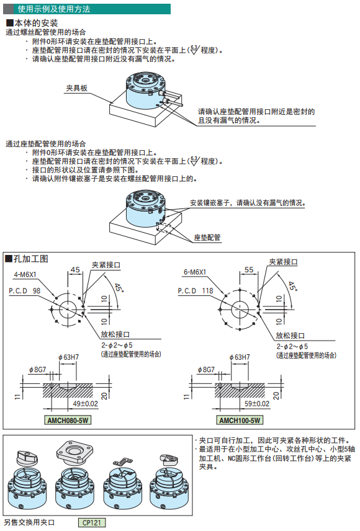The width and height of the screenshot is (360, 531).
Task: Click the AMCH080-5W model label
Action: (x=68, y=420)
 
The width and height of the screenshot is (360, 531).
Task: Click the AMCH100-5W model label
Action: (x=240, y=420)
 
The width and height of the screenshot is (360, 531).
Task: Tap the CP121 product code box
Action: (x=91, y=522)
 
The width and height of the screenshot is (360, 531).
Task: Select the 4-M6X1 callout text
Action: (x=25, y=275)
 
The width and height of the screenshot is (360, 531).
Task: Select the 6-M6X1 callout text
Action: (x=195, y=272)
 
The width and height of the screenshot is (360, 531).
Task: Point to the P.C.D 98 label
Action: (x=24, y=290)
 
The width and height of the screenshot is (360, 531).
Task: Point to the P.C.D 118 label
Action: (x=196, y=290)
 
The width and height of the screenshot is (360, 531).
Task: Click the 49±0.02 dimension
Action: (x=86, y=404)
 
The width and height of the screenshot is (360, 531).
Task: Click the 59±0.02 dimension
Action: (x=257, y=404)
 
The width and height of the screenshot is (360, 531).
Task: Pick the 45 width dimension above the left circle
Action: (x=75, y=270)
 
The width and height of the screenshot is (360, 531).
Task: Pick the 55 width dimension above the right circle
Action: (x=249, y=270)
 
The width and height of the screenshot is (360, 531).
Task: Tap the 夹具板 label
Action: (x=76, y=88)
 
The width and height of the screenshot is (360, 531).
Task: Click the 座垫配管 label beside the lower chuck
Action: (x=207, y=238)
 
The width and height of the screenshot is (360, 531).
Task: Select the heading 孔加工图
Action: (x=27, y=259)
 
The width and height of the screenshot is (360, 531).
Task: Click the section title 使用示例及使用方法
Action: (x=54, y=9)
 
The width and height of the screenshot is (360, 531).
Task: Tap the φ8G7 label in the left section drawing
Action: (x=37, y=370)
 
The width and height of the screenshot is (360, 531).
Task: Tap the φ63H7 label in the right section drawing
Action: (x=240, y=357)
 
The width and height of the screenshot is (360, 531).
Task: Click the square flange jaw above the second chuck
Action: (x=74, y=452)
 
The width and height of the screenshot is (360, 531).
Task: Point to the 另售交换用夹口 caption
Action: (x=29, y=522)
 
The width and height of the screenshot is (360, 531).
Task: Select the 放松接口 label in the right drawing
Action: (x=290, y=336)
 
